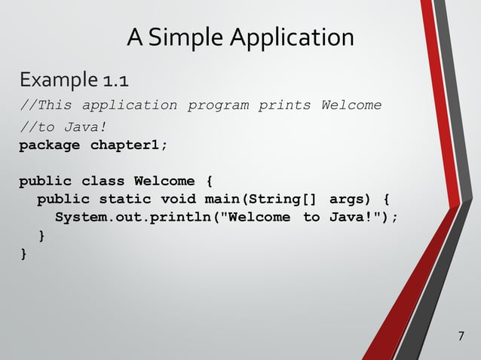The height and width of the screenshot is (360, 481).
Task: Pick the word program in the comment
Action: [219, 105]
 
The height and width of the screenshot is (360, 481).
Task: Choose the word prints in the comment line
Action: [285, 105]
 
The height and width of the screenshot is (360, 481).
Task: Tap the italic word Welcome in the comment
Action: [351, 105]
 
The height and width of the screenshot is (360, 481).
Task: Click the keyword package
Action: [50, 145]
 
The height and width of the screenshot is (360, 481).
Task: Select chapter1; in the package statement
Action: [130, 145]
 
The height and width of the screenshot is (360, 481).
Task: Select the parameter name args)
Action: [351, 200]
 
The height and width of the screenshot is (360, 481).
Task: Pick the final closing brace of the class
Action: [23, 255]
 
